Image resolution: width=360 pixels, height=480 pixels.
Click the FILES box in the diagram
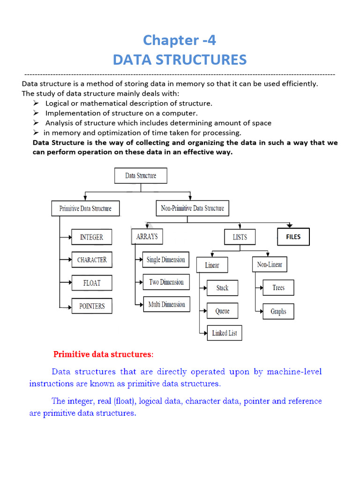pos(293,237)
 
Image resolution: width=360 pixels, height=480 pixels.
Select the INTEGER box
pos(91,237)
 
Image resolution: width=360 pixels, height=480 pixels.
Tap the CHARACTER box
pos(92,260)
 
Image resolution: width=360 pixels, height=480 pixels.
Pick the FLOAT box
pos(92,283)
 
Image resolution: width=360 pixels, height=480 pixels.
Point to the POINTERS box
pos(92,306)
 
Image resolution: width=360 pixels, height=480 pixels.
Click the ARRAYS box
pos(147,237)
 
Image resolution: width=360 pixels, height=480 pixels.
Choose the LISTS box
pos(240,237)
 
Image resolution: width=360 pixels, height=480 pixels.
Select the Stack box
pos(223,288)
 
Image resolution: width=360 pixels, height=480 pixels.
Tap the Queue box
pos(223,311)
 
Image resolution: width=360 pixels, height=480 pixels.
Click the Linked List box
pos(225,333)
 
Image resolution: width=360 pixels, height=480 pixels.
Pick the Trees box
pos(278,288)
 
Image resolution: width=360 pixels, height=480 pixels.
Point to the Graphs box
pos(278,311)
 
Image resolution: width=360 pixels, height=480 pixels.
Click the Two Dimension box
pos(166,282)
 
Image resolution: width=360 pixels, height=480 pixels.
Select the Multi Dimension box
pos(166,305)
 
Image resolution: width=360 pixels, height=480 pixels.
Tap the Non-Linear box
pos(270,265)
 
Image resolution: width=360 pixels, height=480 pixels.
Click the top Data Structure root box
pos(141,176)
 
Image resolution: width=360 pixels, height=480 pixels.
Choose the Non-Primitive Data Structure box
pos(192,208)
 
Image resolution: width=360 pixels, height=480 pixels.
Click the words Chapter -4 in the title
pos(180,40)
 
